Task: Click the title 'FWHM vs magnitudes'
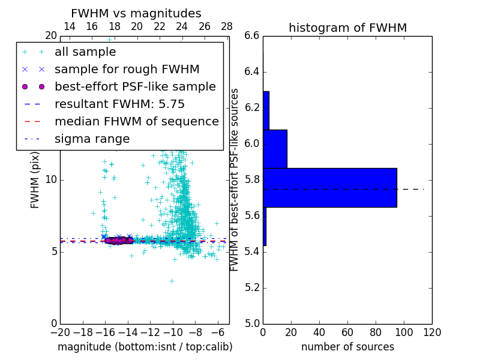coord(136,14)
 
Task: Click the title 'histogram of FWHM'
coord(347,28)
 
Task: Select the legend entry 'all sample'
coord(85,52)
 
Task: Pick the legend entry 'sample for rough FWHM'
coord(127,70)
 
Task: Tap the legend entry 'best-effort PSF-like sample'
coord(135,87)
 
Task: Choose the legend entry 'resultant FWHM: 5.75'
coord(119,104)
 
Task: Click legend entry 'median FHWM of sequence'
coord(136,122)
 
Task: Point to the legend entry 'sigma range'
coord(92,139)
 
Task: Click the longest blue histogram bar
coord(329,187)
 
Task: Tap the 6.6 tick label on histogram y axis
coord(252,36)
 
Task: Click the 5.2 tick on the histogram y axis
coord(252,287)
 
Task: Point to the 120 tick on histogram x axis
coord(432,332)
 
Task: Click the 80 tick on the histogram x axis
coord(376,332)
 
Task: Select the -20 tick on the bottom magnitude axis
coord(60,332)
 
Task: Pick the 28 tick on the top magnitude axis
coord(227,27)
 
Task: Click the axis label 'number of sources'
coord(347,347)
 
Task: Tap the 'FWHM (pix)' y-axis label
coord(35,180)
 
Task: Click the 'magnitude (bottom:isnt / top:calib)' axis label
coord(145,347)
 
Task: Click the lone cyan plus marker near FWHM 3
coord(172,280)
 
